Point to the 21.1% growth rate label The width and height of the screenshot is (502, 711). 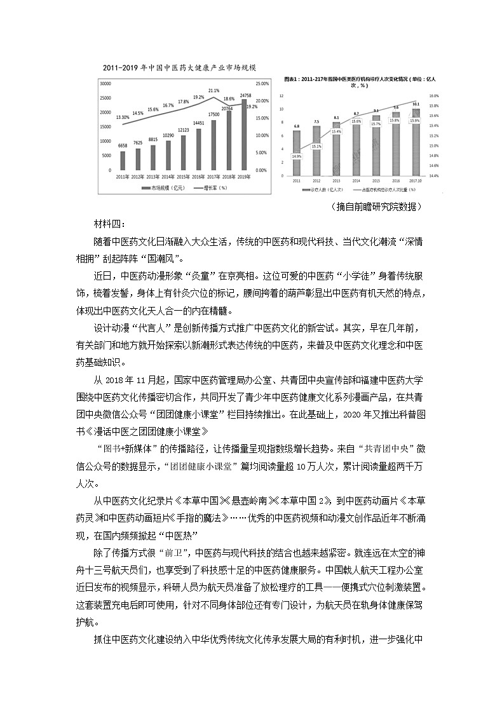(x=214, y=91)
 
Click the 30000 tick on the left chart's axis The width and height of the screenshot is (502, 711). (x=105, y=83)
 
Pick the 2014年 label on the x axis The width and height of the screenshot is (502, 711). (x=169, y=177)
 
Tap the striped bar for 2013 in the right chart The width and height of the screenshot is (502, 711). (x=336, y=151)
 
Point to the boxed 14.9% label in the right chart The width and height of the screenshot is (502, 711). (x=297, y=156)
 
